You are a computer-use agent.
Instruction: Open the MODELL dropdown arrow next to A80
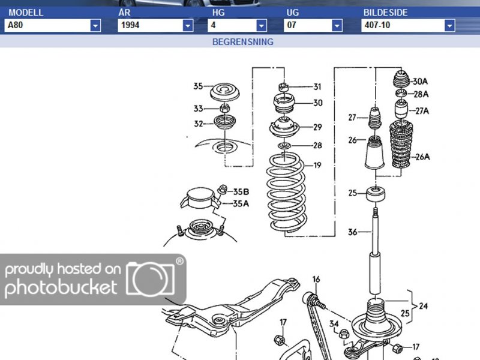tap(95, 25)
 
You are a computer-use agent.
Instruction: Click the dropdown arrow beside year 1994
tap(188, 25)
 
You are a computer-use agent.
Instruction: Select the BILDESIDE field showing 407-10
tap(408, 25)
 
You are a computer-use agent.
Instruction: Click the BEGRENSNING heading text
tap(243, 42)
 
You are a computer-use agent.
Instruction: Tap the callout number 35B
tap(241, 192)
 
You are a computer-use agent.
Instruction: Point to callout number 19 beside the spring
tap(317, 166)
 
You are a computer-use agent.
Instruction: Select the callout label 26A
tap(422, 157)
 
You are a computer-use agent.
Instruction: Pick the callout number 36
tap(352, 232)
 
